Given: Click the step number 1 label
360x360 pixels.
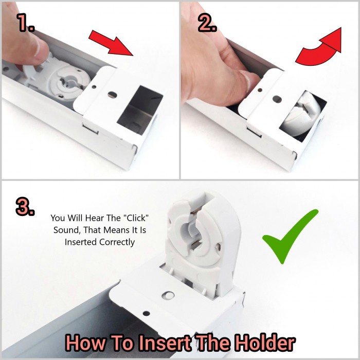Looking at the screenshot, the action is tap(25, 22).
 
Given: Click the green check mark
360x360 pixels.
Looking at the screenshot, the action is tap(290, 237).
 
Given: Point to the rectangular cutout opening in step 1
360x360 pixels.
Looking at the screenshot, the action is tap(140, 110).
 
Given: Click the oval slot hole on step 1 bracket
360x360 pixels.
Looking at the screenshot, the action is tap(112, 94).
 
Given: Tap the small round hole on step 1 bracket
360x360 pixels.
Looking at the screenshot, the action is tap(94, 87).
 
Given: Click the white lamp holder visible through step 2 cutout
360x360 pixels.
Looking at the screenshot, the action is tap(300, 113).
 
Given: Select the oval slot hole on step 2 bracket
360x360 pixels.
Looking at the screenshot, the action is tap(277, 99).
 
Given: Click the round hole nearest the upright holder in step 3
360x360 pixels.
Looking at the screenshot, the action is tap(168, 296).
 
